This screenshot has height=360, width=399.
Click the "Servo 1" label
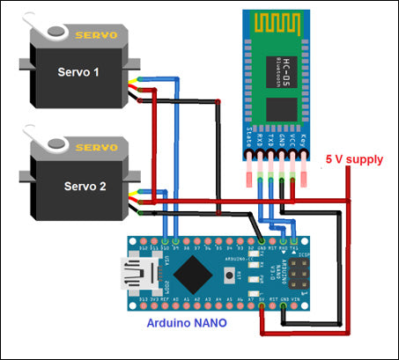(x=78, y=71)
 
